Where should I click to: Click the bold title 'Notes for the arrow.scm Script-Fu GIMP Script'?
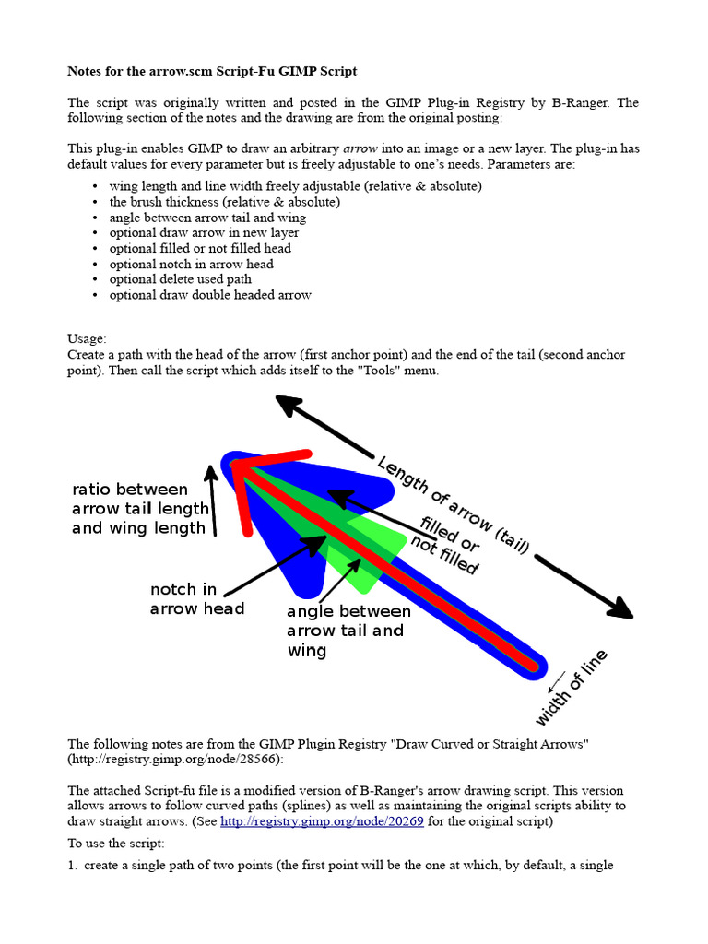[212, 71]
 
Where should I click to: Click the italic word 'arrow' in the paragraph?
[360, 147]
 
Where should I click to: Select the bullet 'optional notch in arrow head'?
[191, 264]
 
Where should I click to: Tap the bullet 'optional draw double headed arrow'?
[210, 295]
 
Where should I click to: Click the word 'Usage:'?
[87, 338]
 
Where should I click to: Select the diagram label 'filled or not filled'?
[449, 544]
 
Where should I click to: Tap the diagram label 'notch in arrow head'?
[196, 598]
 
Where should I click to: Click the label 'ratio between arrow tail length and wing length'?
[139, 508]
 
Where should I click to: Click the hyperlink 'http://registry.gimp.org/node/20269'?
[322, 821]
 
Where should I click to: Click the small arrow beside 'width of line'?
[556, 682]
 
